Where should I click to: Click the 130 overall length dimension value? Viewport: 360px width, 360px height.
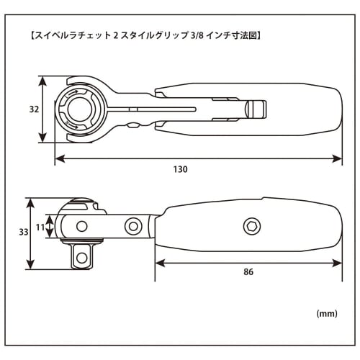point(180,169)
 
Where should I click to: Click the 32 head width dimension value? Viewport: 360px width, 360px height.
point(33,110)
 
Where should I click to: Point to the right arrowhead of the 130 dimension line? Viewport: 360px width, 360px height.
point(338,158)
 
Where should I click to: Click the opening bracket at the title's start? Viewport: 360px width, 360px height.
point(27,34)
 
